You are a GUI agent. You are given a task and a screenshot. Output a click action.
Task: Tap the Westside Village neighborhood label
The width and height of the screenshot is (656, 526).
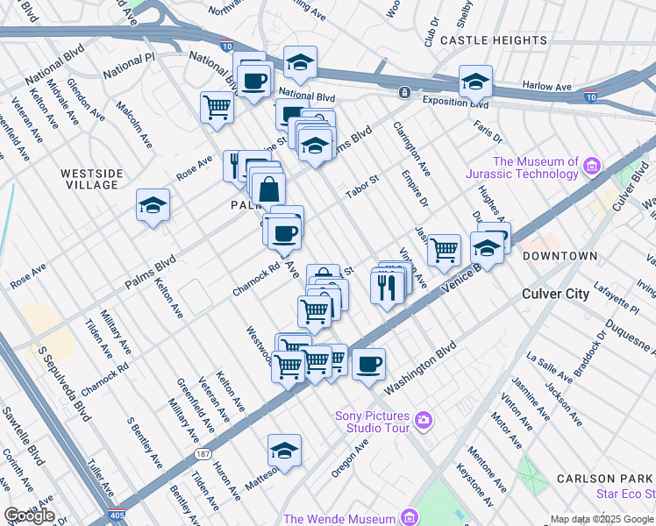tap(91, 179)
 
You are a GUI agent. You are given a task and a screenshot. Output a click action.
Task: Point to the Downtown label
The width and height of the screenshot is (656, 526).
tap(560, 256)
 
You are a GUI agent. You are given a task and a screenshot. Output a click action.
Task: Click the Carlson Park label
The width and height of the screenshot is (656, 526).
tap(604, 479)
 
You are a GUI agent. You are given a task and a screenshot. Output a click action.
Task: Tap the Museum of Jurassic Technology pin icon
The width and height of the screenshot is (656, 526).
tap(592, 166)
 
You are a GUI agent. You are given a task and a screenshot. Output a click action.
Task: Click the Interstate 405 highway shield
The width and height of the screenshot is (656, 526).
tap(119, 517)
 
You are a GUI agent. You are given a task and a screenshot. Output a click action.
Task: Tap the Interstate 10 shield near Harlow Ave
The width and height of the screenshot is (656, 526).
tap(592, 96)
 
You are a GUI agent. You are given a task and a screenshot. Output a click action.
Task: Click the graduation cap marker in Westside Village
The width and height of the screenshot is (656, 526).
tap(153, 207)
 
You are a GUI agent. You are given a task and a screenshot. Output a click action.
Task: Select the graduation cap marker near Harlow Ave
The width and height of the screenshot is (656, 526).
tap(474, 82)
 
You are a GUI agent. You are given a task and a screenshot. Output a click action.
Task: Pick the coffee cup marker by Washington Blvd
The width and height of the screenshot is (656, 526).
tap(369, 363)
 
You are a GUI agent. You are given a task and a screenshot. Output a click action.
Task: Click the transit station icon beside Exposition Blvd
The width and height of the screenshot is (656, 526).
tap(404, 92)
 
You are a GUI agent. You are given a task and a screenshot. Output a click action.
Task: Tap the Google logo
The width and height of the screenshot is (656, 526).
tap(29, 515)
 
